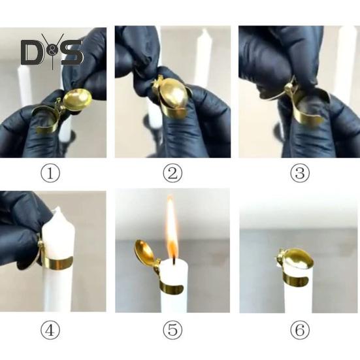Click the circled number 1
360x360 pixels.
(50, 173)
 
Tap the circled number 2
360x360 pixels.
(172, 173)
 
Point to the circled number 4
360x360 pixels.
(50, 330)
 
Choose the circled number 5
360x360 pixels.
(172, 330)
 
